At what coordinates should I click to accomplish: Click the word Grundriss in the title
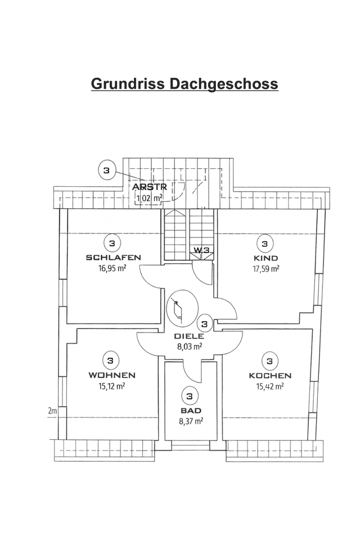point(128,84)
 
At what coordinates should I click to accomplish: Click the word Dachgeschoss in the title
point(222,84)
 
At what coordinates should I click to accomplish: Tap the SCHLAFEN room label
point(113,258)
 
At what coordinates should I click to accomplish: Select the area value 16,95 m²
point(113,268)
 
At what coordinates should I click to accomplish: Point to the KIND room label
point(266,258)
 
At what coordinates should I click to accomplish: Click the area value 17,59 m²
point(266,268)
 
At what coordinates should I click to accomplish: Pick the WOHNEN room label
point(111,375)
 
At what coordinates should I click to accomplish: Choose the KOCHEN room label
point(270,375)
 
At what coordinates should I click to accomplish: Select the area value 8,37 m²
point(190,420)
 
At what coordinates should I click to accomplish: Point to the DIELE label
point(189,336)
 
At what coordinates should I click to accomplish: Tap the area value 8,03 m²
point(190,346)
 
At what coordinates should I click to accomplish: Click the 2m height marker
point(53,411)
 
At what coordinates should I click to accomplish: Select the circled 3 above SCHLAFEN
point(112,243)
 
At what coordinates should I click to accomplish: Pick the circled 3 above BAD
point(190,396)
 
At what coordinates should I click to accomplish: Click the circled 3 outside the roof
point(107,169)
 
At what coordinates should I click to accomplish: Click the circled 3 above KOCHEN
point(270,361)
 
